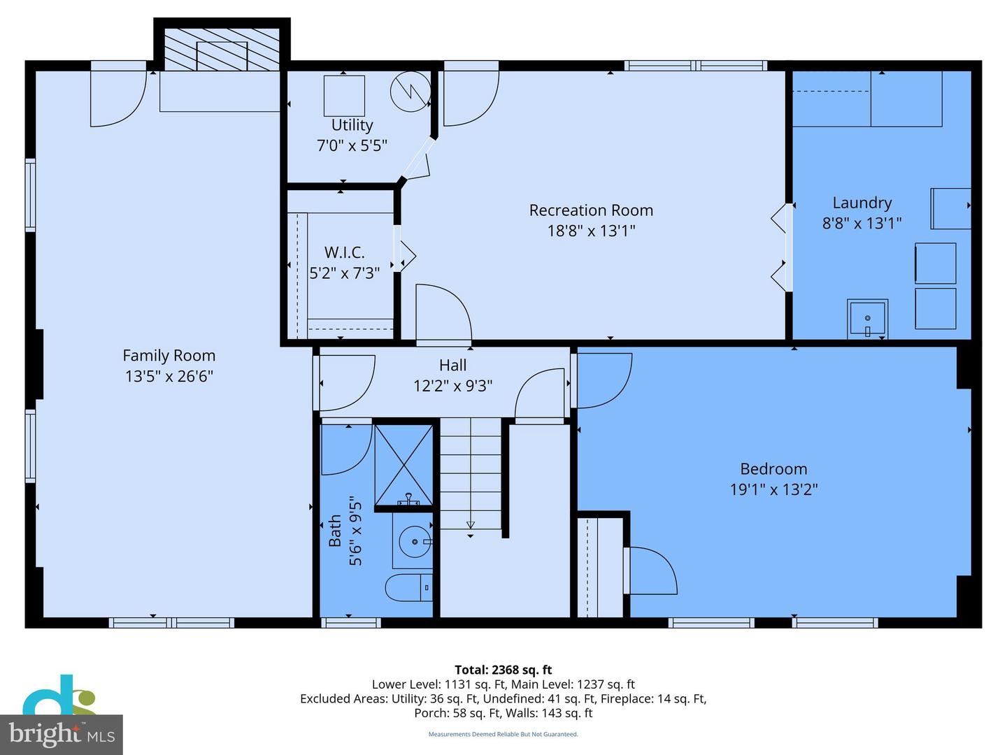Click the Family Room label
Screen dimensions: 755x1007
(169, 356)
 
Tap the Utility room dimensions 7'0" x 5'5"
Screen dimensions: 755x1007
(352, 146)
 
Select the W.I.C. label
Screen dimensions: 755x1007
(344, 252)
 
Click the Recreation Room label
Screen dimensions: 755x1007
(591, 210)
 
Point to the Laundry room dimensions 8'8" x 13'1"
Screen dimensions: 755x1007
(862, 223)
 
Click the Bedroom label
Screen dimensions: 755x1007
(773, 469)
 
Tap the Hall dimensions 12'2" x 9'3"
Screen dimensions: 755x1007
(452, 385)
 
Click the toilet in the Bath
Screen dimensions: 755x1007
(409, 587)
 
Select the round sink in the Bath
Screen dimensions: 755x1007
(415, 541)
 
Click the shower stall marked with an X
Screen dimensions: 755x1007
(403, 463)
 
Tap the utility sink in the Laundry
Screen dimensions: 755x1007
(867, 319)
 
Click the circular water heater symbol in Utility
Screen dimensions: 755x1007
(410, 92)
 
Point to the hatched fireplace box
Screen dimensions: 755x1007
(221, 50)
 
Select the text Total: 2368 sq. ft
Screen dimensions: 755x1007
(503, 670)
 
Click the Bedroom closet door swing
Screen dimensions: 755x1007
(652, 571)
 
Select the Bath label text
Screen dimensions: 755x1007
(335, 531)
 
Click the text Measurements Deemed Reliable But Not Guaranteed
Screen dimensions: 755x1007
(503, 734)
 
